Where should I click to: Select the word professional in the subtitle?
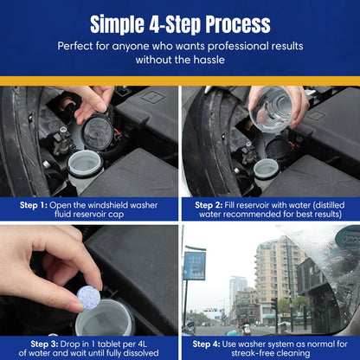point(223,45)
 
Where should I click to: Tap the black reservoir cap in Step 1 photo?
point(96,131)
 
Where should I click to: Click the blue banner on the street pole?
point(195,265)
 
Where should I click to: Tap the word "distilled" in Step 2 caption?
point(321,205)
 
